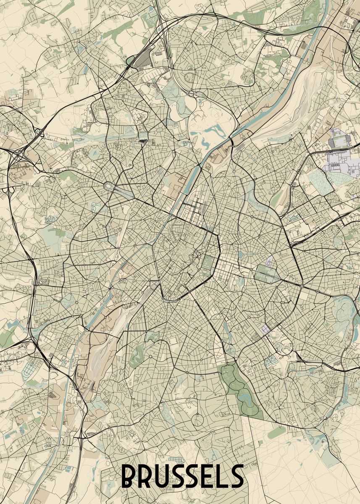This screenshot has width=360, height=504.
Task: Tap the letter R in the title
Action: click(147, 476)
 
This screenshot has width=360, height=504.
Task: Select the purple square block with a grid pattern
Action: click(265, 330)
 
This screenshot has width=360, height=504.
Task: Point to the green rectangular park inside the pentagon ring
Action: click(207, 262)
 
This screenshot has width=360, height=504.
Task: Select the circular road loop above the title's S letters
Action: click(198, 420)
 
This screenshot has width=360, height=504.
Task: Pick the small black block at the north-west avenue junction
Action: click(143, 141)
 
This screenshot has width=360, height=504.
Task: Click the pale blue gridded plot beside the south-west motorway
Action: click(30, 368)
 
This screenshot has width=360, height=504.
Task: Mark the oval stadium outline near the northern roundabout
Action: click(189, 77)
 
